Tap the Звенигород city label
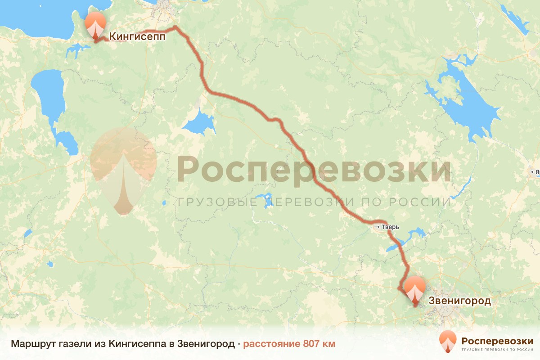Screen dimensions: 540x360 click(459, 301)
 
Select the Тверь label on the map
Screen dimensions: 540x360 click(390, 227)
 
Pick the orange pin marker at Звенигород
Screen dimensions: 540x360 click(414, 288)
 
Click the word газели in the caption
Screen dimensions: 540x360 click(71, 344)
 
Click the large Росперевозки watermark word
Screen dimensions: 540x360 click(314, 169)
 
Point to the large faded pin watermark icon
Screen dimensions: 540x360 click(123, 171)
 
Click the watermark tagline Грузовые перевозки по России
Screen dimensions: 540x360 click(314, 202)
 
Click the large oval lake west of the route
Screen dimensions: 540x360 click(48, 92)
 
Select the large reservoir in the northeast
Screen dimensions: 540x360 click(468, 103)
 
